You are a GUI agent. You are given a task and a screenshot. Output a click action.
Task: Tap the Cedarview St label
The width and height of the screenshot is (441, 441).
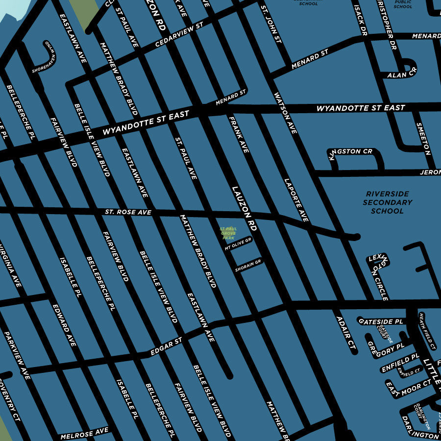click(179, 34)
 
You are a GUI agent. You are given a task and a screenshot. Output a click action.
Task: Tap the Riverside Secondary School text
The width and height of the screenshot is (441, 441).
click(388, 202)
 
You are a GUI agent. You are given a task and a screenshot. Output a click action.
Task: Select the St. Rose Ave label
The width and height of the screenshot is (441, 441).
click(128, 213)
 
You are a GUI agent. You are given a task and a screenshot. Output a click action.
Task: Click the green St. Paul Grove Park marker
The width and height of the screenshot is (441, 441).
click(228, 233)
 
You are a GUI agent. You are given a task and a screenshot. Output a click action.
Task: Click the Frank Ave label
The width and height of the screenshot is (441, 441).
click(239, 134)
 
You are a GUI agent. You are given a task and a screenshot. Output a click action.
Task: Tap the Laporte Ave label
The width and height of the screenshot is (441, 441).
click(296, 200)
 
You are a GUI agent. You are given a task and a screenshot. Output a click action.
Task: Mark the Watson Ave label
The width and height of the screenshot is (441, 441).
click(286, 113)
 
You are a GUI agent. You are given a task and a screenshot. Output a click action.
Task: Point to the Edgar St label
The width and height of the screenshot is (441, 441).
click(166, 346)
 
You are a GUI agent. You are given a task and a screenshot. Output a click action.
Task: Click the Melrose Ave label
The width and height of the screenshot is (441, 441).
click(84, 433)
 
